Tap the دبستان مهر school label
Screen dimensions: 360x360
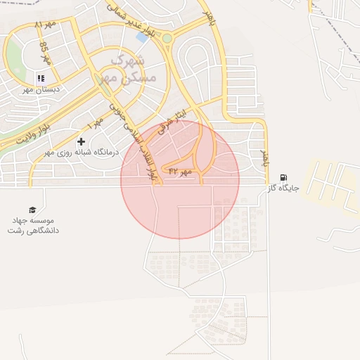pyautogui.click(x=40, y=90)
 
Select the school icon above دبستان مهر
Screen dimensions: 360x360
pyautogui.click(x=40, y=78)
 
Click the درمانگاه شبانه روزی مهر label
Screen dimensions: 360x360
pyautogui.click(x=82, y=152)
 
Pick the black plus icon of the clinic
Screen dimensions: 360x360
pyautogui.click(x=81, y=141)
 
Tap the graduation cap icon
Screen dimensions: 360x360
pyautogui.click(x=32, y=210)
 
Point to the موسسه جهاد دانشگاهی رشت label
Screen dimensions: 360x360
pyautogui.click(x=32, y=225)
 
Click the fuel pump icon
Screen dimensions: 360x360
pyautogui.click(x=283, y=177)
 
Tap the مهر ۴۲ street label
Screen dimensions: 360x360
pyautogui.click(x=179, y=171)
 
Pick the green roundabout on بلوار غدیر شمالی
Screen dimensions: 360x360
pyautogui.click(x=167, y=39)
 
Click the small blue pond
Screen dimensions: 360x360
pyautogui.click(x=141, y=38)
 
